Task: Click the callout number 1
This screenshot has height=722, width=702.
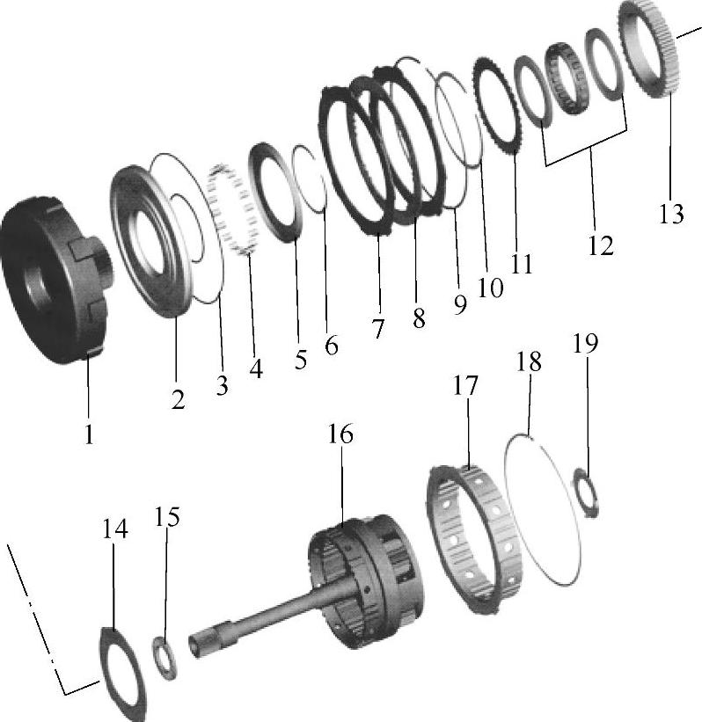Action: pyautogui.click(x=89, y=434)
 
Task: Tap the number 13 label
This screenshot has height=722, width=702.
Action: pyautogui.click(x=670, y=214)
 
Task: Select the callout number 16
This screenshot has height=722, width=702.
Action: pyautogui.click(x=340, y=434)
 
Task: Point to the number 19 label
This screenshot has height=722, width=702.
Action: pyautogui.click(x=585, y=344)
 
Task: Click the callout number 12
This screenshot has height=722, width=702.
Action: pyautogui.click(x=601, y=245)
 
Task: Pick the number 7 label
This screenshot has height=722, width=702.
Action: pyautogui.click(x=377, y=329)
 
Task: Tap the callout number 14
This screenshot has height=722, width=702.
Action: pyautogui.click(x=114, y=529)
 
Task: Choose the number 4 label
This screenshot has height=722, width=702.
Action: pyautogui.click(x=256, y=368)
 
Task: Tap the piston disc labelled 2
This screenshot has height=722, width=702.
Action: pyautogui.click(x=134, y=239)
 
